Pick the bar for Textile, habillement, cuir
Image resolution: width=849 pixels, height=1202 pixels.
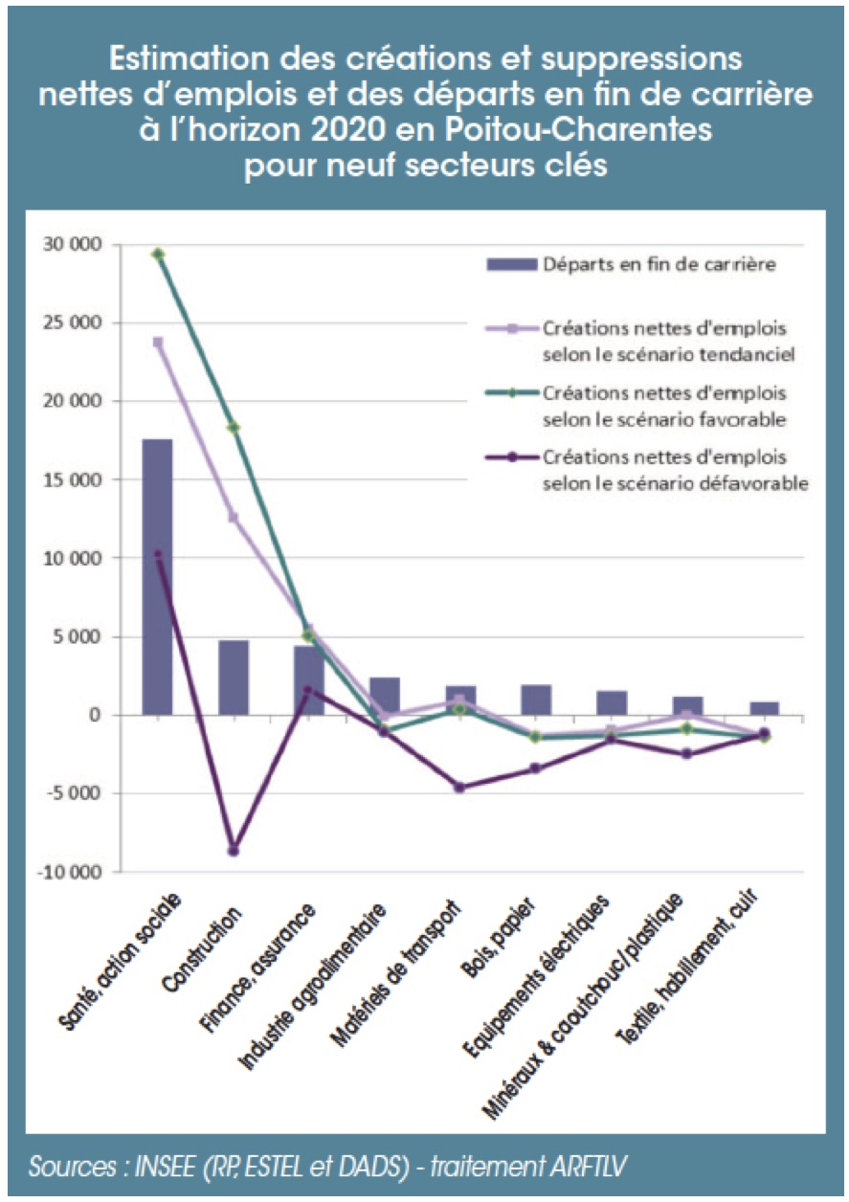point(763,708)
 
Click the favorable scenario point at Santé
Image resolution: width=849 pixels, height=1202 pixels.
point(158,254)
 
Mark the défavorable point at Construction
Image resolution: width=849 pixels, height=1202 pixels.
point(233,851)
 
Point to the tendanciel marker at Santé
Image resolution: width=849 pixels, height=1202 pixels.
point(158,342)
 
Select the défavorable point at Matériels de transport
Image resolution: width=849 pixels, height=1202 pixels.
point(459,788)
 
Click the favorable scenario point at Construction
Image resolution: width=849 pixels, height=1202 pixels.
point(233,428)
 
